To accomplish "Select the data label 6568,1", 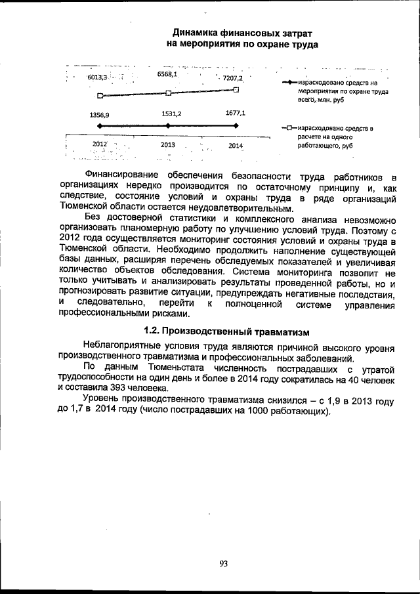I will pos(167,74).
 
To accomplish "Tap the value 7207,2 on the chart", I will pos(232,78).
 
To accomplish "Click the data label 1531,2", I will pos(171,114).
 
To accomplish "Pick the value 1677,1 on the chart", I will pos(234,113).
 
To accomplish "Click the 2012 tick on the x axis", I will pos(100,144).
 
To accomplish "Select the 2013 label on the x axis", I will pos(169,145).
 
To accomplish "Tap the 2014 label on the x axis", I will pos(236,145).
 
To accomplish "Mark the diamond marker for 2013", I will pos(169,125).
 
